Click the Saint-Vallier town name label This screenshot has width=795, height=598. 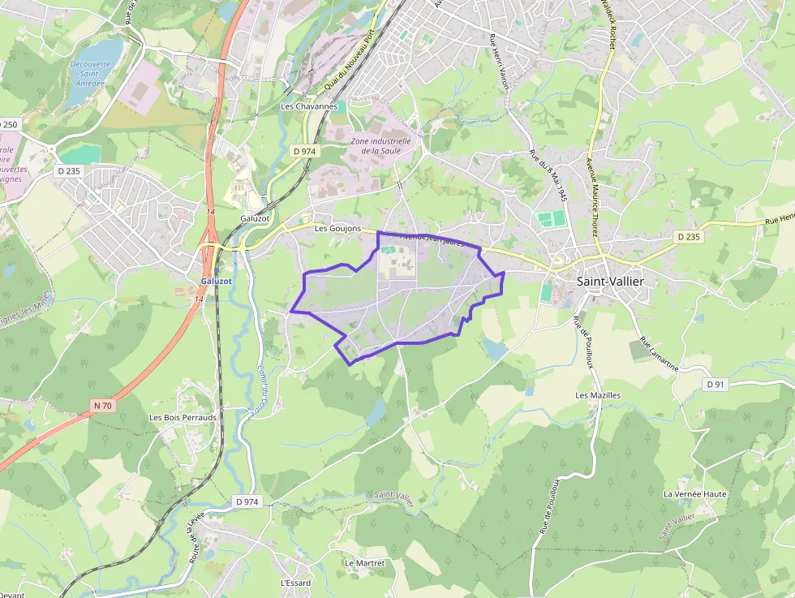point(610,281)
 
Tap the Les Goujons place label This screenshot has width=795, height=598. point(337,229)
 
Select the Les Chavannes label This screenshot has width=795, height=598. point(308,106)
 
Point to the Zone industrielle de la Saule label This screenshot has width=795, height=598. point(380,145)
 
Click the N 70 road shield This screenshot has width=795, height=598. point(103,405)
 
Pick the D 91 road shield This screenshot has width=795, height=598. point(715,384)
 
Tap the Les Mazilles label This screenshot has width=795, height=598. point(598,395)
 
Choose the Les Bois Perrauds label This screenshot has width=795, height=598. point(183,417)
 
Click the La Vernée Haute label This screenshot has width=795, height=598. point(694,493)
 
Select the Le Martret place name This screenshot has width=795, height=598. point(364,562)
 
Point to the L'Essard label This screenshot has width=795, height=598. point(295,583)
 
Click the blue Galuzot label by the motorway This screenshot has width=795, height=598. point(217,281)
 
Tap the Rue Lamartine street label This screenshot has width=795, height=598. point(659,354)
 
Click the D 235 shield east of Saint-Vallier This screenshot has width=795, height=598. point(687,236)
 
